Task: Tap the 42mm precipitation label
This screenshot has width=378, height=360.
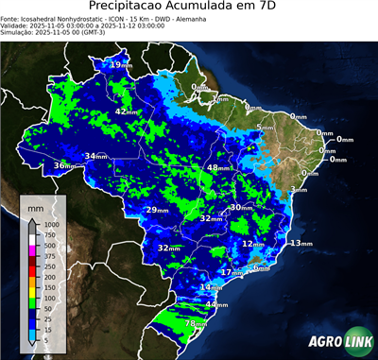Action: tap(128, 111)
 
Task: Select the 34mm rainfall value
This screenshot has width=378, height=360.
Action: tap(96, 156)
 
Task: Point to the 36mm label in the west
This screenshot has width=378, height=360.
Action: tap(64, 166)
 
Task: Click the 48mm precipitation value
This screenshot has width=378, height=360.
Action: tap(218, 167)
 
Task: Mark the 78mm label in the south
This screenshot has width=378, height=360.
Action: tap(196, 324)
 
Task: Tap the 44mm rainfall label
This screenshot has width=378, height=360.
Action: tap(217, 305)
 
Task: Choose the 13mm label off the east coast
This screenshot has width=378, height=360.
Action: tap(301, 243)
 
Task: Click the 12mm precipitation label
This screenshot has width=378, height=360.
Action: tap(252, 243)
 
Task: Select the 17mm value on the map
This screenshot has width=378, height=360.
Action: tap(232, 272)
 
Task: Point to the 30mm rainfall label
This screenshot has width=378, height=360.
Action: tap(241, 207)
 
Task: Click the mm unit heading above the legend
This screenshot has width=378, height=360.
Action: tap(35, 206)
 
